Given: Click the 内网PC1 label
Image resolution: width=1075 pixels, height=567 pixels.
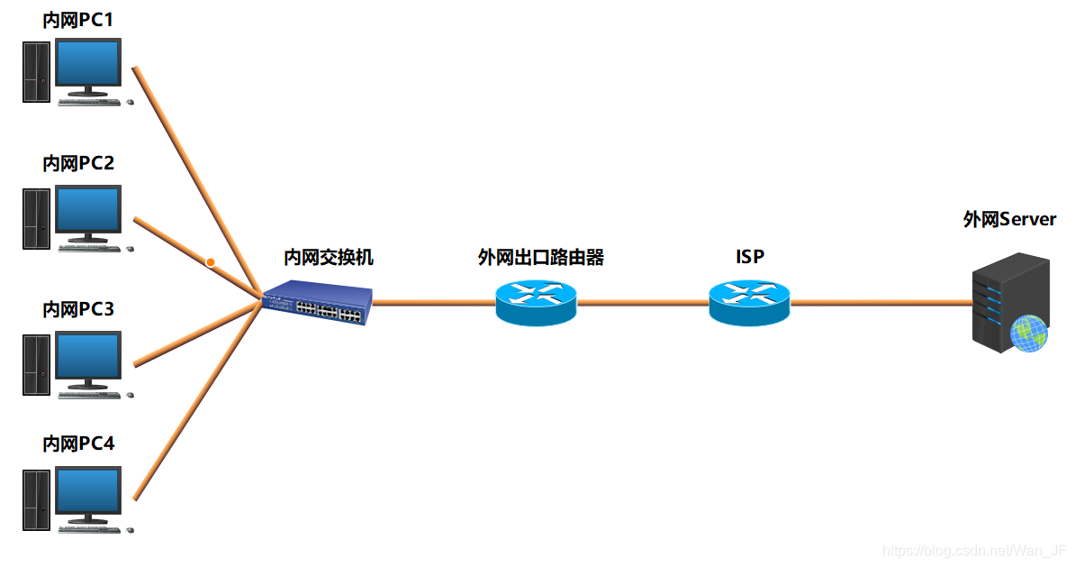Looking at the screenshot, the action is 78,18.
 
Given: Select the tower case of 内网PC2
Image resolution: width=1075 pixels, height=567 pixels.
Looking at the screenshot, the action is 36,218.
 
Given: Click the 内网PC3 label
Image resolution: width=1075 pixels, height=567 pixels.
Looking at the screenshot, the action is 78,309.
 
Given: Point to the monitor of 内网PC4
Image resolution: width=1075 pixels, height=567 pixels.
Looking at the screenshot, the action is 88,492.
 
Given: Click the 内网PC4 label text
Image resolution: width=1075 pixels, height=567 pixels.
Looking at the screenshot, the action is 78,444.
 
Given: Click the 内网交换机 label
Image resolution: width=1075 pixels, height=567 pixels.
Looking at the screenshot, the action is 329,258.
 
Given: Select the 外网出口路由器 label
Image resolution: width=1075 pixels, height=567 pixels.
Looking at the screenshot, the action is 540,258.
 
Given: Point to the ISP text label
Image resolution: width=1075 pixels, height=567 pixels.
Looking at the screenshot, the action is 749,257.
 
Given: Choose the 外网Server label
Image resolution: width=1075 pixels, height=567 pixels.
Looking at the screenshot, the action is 1009,219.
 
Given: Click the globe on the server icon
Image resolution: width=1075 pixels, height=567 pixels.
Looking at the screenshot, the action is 1028,334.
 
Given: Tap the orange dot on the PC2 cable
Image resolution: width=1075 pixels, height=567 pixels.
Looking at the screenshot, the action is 210,262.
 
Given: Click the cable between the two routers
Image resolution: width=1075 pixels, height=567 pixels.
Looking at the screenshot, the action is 642,303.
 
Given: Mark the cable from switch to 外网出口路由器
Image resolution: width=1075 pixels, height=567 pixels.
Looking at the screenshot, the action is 432,303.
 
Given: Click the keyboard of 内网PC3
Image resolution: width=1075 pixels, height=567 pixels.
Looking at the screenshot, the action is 89,394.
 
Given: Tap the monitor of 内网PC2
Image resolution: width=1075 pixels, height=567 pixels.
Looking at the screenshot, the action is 88,210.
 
